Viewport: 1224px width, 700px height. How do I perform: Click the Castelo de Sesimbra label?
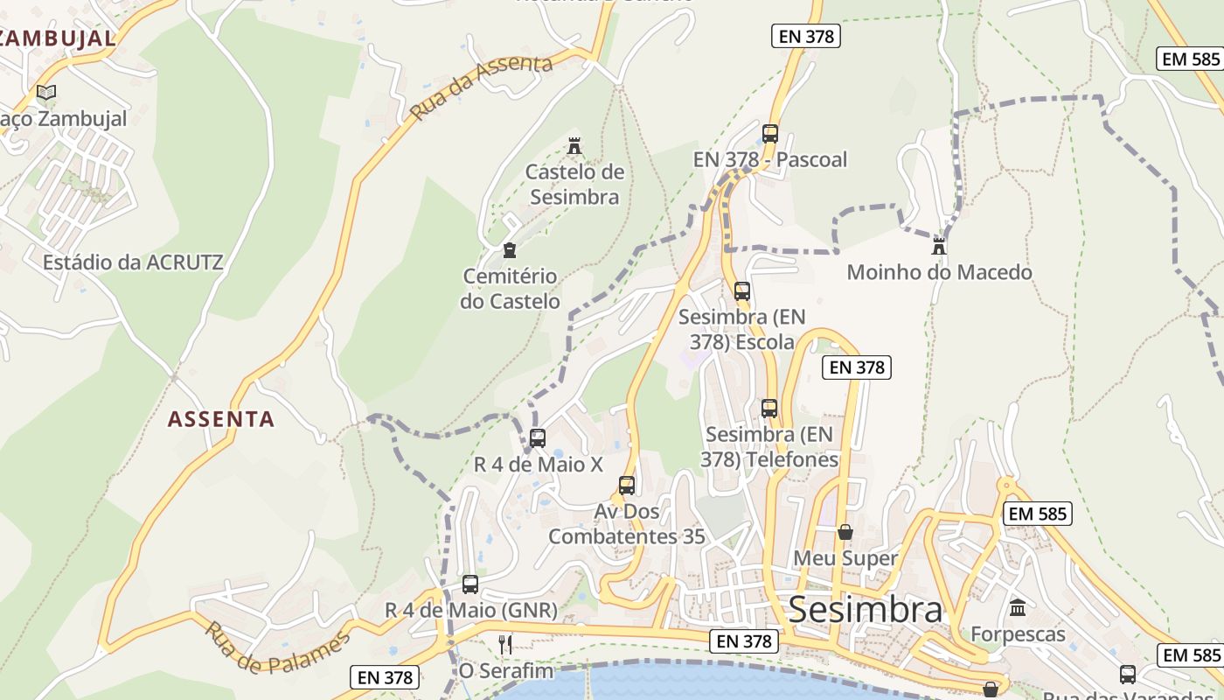click(574, 184)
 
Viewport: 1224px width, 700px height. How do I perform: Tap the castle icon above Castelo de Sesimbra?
click(574, 145)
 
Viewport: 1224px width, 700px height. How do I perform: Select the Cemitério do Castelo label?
click(511, 289)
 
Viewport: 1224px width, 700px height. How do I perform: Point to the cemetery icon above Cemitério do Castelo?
click(510, 251)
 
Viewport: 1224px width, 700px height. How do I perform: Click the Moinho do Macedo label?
click(939, 272)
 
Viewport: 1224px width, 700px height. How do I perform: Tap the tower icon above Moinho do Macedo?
click(939, 245)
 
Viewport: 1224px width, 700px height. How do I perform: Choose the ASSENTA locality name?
click(221, 419)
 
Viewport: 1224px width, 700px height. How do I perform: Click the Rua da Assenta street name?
click(482, 88)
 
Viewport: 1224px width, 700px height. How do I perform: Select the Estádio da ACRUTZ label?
click(133, 262)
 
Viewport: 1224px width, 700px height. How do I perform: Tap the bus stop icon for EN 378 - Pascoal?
click(770, 133)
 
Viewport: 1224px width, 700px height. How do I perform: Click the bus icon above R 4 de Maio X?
click(538, 437)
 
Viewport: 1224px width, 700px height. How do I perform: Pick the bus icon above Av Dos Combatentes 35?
click(627, 485)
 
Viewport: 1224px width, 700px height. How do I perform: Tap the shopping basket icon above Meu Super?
click(845, 531)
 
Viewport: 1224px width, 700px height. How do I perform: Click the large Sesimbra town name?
click(866, 610)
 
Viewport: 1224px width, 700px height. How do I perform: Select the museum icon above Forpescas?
click(1018, 607)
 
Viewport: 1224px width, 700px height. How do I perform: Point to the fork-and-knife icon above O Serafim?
click(505, 645)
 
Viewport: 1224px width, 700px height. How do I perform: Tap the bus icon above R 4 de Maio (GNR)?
click(470, 584)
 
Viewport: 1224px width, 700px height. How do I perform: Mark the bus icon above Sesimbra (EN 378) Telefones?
click(769, 408)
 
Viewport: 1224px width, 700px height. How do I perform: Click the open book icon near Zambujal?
click(46, 92)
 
